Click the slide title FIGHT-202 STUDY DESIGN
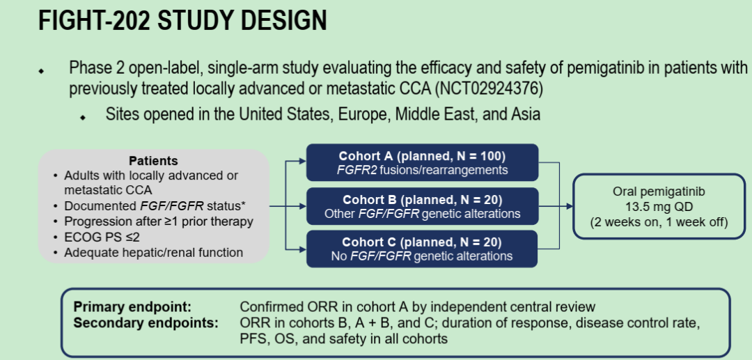coord(182,21)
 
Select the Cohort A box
coord(423,162)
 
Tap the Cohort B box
coord(423,205)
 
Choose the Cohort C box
coord(423,249)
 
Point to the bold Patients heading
coord(153,162)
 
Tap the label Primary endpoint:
coord(132,307)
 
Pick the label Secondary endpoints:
coord(146,323)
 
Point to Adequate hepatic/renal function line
coord(153,253)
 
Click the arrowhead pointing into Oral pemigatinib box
coord(569,206)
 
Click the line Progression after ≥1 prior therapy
coord(158,222)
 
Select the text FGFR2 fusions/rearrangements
coord(423,170)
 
